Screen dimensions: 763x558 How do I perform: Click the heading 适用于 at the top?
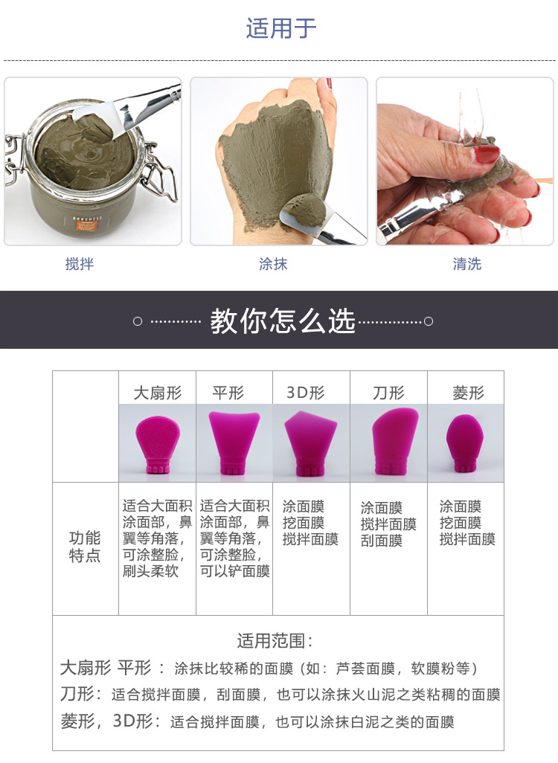(280, 29)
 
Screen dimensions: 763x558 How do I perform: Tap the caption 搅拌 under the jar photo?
(80, 264)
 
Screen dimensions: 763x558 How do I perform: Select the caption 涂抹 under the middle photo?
(273, 264)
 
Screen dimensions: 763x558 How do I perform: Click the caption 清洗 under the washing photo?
(466, 264)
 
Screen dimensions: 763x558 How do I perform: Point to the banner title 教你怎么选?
(282, 321)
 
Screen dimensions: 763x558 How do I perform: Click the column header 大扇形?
(157, 393)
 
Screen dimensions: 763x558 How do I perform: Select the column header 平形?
(228, 393)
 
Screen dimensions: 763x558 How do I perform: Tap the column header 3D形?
(305, 393)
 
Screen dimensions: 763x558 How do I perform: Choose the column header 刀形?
(388, 393)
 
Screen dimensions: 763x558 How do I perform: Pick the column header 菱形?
(468, 393)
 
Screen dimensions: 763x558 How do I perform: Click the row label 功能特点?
(85, 547)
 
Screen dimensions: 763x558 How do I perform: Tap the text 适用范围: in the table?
(276, 641)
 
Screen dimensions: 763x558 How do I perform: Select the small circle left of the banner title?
(138, 321)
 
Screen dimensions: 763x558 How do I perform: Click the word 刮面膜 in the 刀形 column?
(382, 541)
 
